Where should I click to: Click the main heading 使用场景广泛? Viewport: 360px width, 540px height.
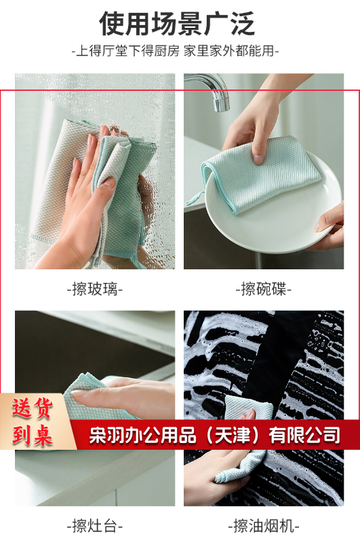(177, 24)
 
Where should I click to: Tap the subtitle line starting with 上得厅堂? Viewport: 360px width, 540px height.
(175, 51)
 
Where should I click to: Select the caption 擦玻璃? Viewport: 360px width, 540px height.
(95, 288)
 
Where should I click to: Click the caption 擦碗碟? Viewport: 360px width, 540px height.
(264, 288)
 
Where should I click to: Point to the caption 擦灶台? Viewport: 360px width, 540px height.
(95, 526)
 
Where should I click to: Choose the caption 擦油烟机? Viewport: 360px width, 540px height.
(264, 526)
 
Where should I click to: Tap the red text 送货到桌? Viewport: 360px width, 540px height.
(33, 421)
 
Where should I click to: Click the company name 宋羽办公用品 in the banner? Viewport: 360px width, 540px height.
(143, 435)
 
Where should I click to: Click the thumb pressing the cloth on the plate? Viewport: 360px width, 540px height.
(258, 151)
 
